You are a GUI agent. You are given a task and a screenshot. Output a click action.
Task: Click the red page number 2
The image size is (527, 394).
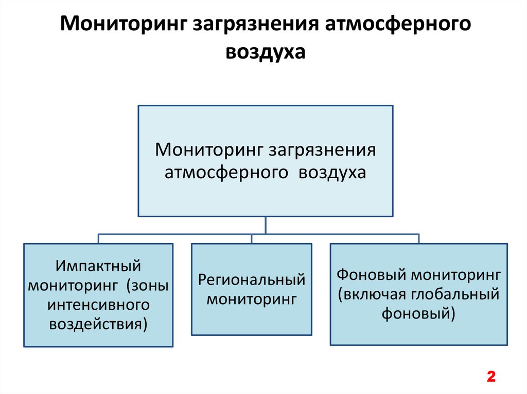tap(490, 376)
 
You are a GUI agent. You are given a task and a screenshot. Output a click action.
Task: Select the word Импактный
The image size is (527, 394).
tap(98, 266)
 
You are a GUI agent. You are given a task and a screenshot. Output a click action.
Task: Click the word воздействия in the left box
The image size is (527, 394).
tap(98, 324)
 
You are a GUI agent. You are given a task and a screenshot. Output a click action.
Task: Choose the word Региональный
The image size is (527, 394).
tap(252, 280)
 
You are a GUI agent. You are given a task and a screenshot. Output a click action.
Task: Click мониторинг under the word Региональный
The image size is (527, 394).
tap(252, 299)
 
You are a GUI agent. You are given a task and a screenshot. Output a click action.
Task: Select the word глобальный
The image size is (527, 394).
tap(456, 294)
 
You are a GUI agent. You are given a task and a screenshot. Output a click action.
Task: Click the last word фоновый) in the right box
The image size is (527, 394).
tap(418, 313)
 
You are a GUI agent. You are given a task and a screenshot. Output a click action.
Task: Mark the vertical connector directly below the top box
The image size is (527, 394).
tap(266, 225)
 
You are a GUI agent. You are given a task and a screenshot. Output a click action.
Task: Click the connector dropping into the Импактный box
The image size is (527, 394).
tap(98, 238)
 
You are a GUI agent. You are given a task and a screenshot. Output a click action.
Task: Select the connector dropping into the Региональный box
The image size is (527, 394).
tap(251, 238)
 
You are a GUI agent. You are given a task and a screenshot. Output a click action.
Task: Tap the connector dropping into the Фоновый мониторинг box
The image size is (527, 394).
tap(418, 238)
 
